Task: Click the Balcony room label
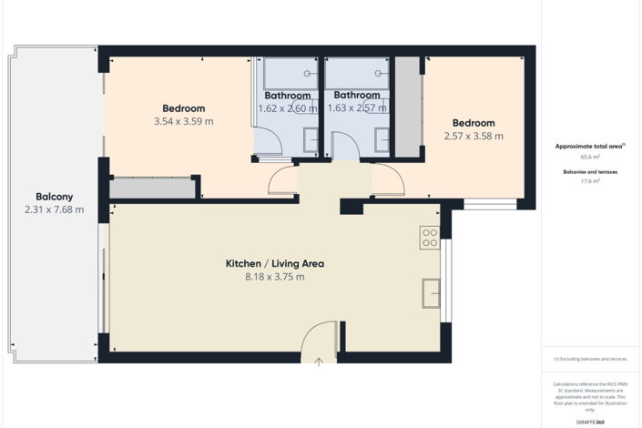pos(54,196)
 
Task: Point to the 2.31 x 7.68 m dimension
pos(54,209)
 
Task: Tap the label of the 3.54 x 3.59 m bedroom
pos(183,108)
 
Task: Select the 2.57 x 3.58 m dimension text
pos(473,137)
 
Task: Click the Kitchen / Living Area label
pos(274,263)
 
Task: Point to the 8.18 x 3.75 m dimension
pos(274,277)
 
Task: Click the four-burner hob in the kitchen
pos(430,238)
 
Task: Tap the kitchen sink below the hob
pos(430,293)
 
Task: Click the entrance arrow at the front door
pos(319,362)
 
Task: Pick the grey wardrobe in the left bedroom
pos(152,189)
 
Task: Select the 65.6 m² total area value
pos(590,157)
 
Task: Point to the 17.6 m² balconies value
pos(590,180)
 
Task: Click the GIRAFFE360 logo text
pos(590,423)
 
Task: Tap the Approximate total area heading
pos(589,146)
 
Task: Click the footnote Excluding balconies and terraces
pos(590,360)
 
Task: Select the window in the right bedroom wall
pos(490,204)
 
